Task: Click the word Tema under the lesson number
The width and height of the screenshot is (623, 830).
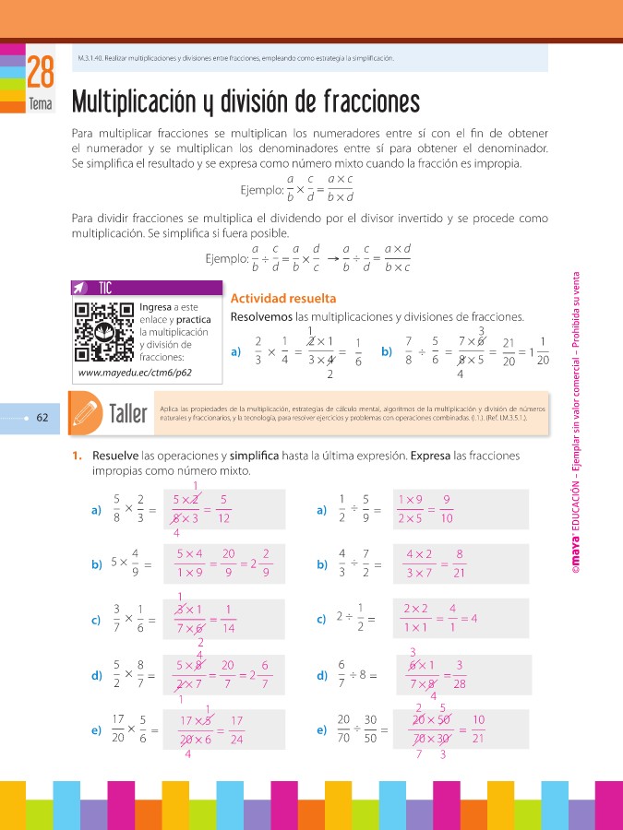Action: (x=40, y=104)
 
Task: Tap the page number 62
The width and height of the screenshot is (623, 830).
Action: (x=42, y=417)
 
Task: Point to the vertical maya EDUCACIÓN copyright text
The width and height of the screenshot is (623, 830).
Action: (x=575, y=424)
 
